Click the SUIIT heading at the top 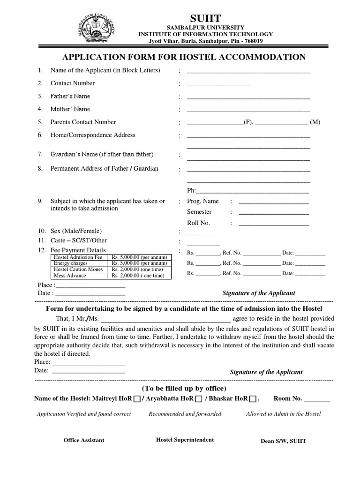tap(205, 18)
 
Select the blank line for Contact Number tap(218, 85)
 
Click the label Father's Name tap(70, 96)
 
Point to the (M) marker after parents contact tap(315, 122)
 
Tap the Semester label tap(199, 212)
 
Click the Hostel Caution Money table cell tap(79, 270)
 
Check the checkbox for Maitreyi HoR tap(136, 399)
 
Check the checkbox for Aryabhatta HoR tap(198, 399)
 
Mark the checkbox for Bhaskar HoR tap(253, 399)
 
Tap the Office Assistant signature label tap(84, 440)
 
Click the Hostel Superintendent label tap(185, 440)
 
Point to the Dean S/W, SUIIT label tap(283, 441)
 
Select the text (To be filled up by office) tap(184, 389)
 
